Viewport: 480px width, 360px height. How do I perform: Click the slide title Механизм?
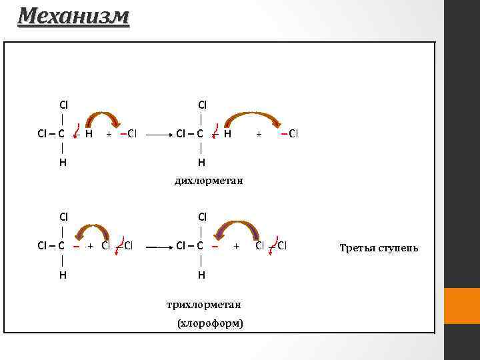(73, 15)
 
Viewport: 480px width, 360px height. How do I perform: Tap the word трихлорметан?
(204, 305)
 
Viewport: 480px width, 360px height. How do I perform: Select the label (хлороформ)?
(209, 323)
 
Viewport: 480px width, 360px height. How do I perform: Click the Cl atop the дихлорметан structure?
(201, 105)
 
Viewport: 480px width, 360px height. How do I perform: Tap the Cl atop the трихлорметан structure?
(201, 217)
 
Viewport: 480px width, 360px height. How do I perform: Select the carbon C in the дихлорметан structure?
(200, 133)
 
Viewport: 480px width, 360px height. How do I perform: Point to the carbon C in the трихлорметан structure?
(200, 245)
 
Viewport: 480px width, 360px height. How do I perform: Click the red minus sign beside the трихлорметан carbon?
(215, 245)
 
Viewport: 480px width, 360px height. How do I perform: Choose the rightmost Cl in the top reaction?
(293, 133)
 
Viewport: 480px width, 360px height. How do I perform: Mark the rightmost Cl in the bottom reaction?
(283, 245)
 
